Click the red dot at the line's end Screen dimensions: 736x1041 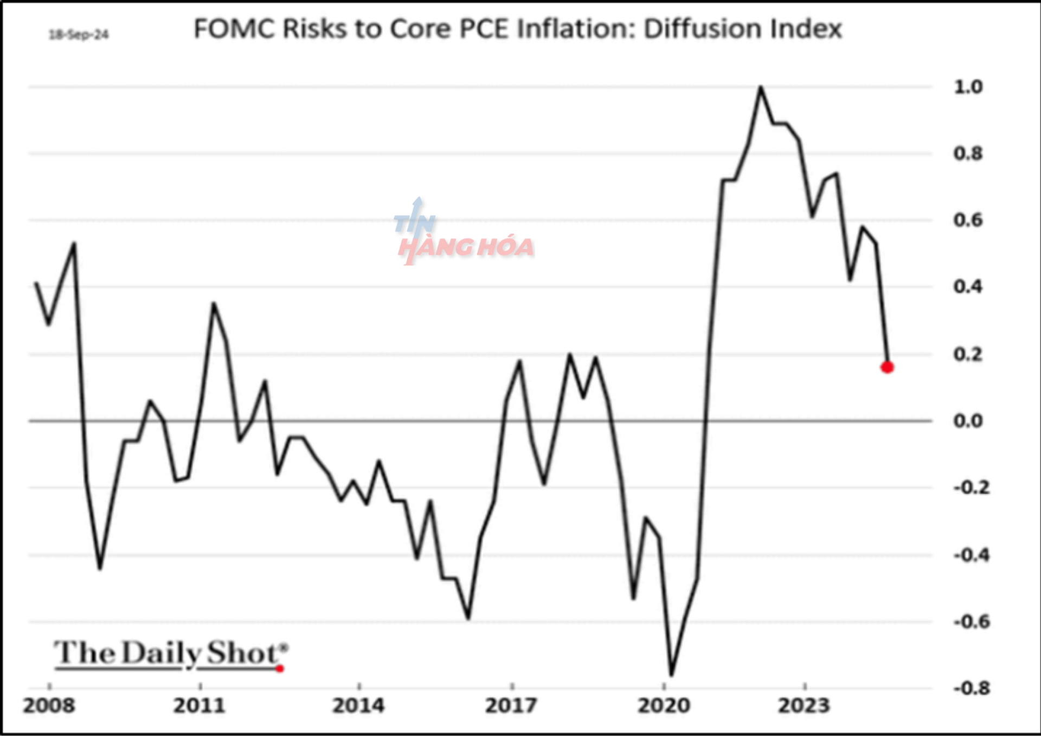click(887, 367)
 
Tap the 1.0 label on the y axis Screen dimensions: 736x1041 click(968, 87)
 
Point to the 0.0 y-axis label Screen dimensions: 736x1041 click(968, 421)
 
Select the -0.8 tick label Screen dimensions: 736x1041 click(971, 688)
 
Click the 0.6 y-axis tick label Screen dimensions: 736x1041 click(968, 220)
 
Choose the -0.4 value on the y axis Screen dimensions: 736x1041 click(971, 555)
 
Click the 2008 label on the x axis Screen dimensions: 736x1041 click(49, 706)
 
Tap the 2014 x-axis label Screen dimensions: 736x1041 click(358, 706)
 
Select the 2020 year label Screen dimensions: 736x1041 click(664, 706)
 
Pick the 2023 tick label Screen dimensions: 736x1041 click(804, 706)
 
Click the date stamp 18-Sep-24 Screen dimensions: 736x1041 click(79, 35)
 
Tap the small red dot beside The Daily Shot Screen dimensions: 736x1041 click(280, 669)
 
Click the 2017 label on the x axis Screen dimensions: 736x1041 click(511, 706)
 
